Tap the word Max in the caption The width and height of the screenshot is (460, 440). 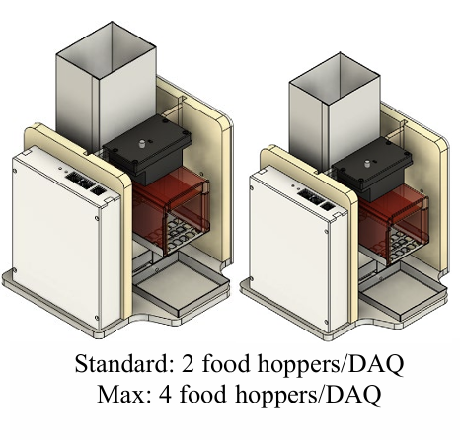[x=120, y=394]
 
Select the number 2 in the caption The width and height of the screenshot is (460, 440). [x=188, y=364]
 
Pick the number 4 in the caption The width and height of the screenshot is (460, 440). [x=165, y=395]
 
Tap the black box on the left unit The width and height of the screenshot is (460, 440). [x=147, y=148]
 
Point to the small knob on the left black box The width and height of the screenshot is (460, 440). [x=142, y=143]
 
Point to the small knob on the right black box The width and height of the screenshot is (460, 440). [x=367, y=164]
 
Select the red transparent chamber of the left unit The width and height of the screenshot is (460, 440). [x=171, y=214]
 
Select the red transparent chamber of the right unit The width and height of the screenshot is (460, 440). [x=394, y=227]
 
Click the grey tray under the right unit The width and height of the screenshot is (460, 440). [x=403, y=291]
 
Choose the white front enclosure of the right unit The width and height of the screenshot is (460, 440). [x=298, y=250]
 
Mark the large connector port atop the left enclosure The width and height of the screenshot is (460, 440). [x=79, y=181]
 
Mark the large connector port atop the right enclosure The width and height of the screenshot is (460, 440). [x=310, y=196]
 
